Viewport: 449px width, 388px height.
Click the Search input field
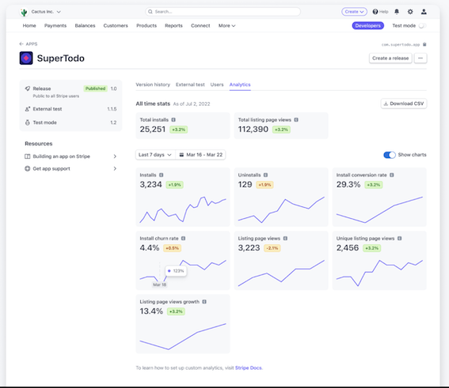[x=223, y=12]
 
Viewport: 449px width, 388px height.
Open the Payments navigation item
[x=55, y=25]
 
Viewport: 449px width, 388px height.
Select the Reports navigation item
[x=173, y=25]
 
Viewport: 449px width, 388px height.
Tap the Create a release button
[x=390, y=58]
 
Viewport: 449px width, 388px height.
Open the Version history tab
[x=153, y=84]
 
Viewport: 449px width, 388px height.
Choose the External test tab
[x=190, y=84]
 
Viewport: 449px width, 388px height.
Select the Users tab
[x=217, y=84]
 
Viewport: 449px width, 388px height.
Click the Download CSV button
[x=404, y=104]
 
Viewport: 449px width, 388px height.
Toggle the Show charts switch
[x=390, y=155]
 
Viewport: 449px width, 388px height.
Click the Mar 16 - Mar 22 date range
[x=201, y=155]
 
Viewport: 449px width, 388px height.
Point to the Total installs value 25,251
[x=153, y=129]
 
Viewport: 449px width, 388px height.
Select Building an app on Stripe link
[x=67, y=156]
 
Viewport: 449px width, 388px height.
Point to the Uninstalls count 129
[x=245, y=184]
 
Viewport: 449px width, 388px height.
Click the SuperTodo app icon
[x=26, y=58]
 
